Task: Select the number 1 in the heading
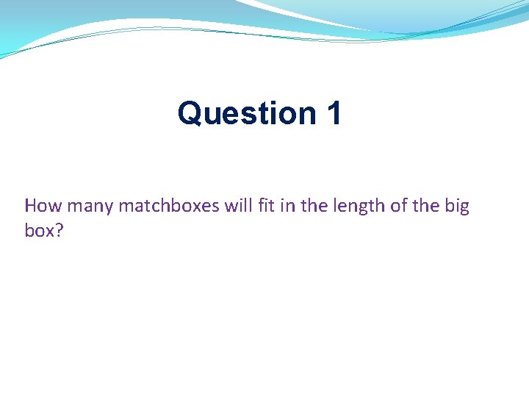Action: tap(332, 113)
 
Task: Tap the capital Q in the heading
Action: tap(190, 113)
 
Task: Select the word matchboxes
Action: tap(169, 206)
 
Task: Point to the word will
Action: tap(238, 206)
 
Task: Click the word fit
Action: tap(267, 206)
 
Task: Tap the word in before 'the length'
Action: tap(289, 206)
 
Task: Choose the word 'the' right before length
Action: tap(314, 206)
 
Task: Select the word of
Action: tap(398, 206)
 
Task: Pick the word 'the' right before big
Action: tap(425, 206)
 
